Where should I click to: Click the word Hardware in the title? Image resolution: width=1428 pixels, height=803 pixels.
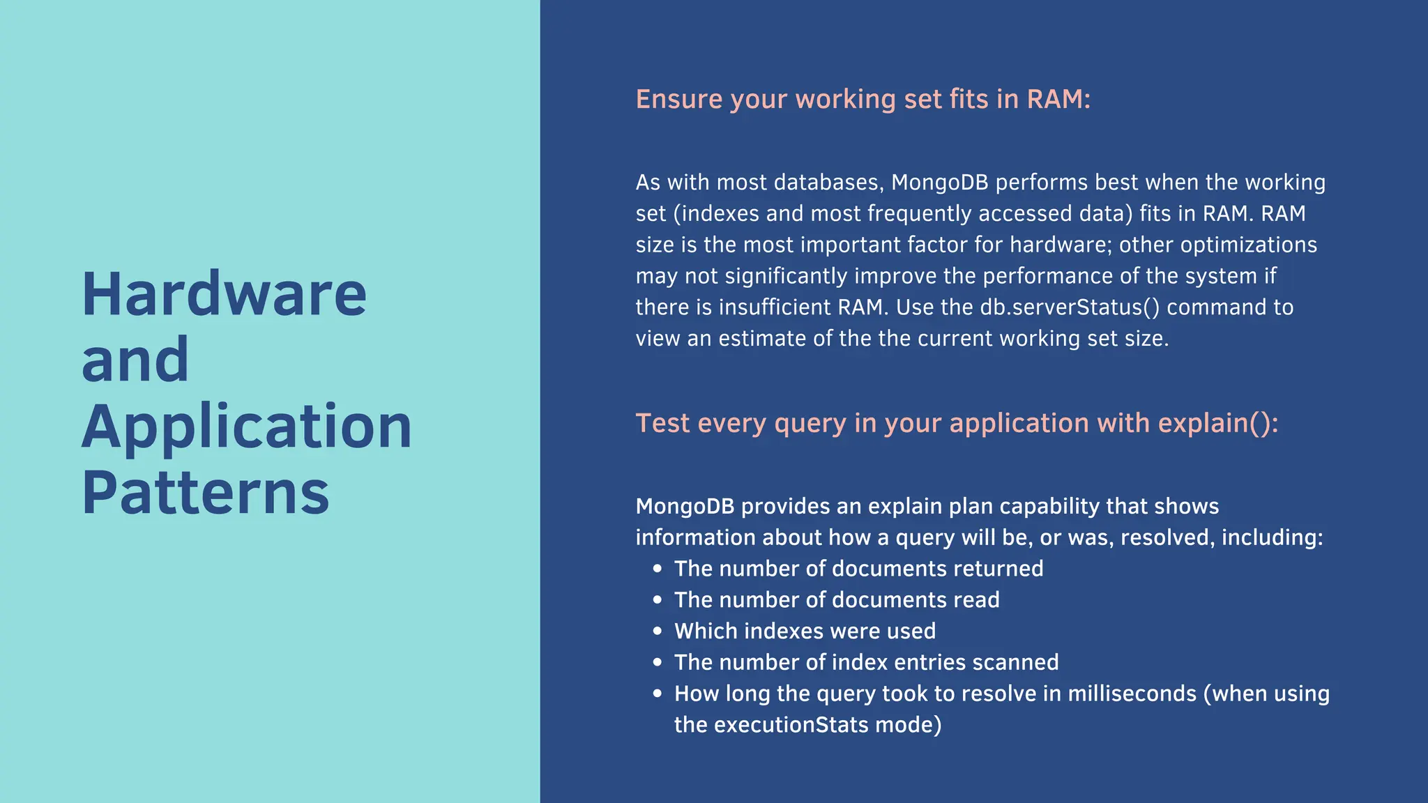pyautogui.click(x=224, y=294)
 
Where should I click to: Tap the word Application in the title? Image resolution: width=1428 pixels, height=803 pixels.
pyautogui.click(x=247, y=427)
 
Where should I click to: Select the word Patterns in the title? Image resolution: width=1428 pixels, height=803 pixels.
pyautogui.click(x=205, y=493)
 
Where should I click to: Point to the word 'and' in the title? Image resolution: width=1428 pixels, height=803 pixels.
pyautogui.click(x=135, y=360)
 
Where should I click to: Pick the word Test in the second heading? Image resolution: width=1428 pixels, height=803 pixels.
pyautogui.click(x=662, y=423)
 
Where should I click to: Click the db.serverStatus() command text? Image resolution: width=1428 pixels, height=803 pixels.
pyautogui.click(x=1070, y=307)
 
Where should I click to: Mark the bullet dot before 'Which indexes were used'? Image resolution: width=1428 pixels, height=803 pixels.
pyautogui.click(x=657, y=631)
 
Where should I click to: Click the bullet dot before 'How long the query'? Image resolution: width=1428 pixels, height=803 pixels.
pyautogui.click(x=657, y=694)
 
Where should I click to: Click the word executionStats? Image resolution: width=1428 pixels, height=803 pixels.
pyautogui.click(x=791, y=725)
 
